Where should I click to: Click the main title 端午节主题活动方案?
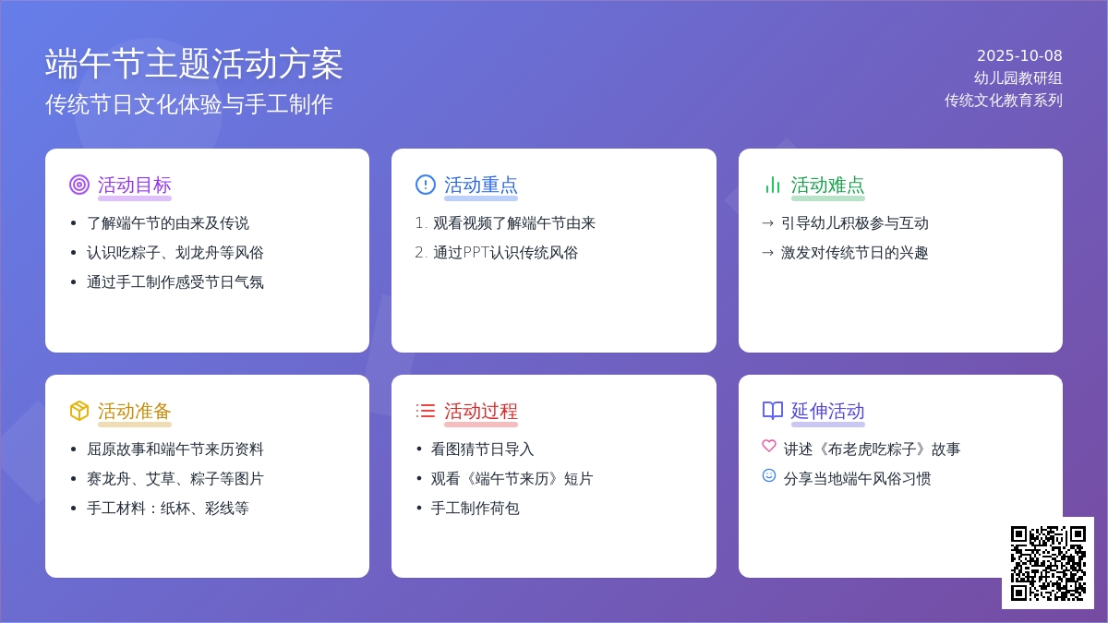pyautogui.click(x=194, y=64)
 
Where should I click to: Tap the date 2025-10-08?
pyautogui.click(x=1019, y=56)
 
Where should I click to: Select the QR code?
pyautogui.click(x=1048, y=563)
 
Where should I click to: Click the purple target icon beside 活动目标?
pyautogui.click(x=79, y=185)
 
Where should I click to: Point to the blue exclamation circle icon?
pyautogui.click(x=426, y=185)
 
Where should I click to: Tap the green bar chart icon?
pyautogui.click(x=772, y=185)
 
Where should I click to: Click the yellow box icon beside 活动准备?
pyautogui.click(x=79, y=411)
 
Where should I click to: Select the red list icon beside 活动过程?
pyautogui.click(x=426, y=411)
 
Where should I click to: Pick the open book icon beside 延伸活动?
pyautogui.click(x=773, y=411)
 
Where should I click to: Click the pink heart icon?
pyautogui.click(x=769, y=446)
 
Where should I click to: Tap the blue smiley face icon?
pyautogui.click(x=769, y=475)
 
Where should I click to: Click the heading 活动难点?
pyautogui.click(x=827, y=185)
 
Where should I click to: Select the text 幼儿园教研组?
pyautogui.click(x=1018, y=78)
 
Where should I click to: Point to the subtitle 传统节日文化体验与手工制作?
pyautogui.click(x=189, y=104)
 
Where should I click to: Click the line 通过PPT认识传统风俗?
pyautogui.click(x=506, y=253)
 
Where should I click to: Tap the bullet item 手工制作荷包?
pyautogui.click(x=475, y=509)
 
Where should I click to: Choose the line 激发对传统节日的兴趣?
pyautogui.click(x=855, y=253)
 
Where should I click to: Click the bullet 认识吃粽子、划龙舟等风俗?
pyautogui.click(x=175, y=253)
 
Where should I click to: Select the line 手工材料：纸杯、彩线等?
pyautogui.click(x=168, y=509)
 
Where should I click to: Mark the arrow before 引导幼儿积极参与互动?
pyautogui.click(x=767, y=223)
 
